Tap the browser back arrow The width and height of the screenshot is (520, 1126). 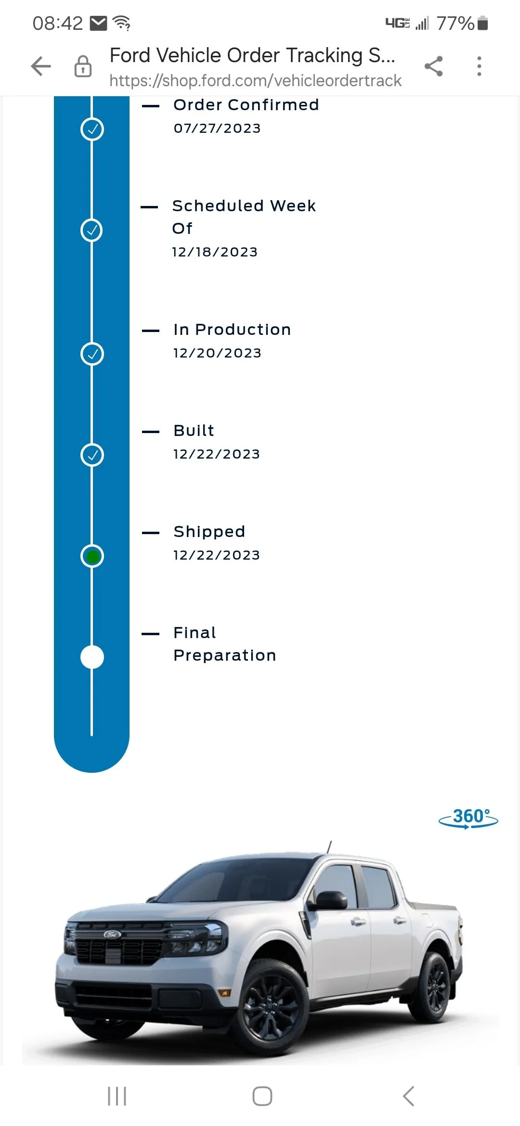coord(41,66)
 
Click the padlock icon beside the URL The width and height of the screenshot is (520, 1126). coord(83,66)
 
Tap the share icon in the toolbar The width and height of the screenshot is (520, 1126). coord(433,66)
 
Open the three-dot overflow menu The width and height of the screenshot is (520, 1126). coord(479,66)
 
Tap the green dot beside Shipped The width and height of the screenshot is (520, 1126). coord(92,556)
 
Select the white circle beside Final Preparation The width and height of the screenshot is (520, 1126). coord(92,657)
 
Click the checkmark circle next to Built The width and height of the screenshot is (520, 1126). coord(92,455)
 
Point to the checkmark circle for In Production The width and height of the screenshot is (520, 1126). coord(92,354)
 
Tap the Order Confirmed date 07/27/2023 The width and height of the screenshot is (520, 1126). coord(217,128)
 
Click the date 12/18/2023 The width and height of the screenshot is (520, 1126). coord(215,252)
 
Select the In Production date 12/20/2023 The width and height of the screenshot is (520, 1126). coord(217,353)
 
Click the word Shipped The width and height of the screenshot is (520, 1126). coord(209,532)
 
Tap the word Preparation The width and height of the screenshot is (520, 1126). coord(225,655)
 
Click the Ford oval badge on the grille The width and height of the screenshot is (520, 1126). coord(112,934)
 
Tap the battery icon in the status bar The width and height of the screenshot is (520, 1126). coord(482,23)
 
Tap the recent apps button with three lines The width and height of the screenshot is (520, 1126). coord(117,1096)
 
